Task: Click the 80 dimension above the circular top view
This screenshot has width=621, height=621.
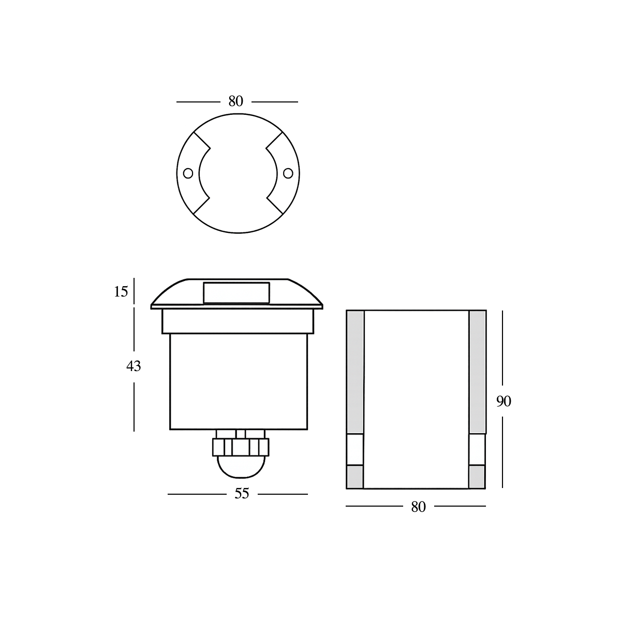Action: click(x=235, y=101)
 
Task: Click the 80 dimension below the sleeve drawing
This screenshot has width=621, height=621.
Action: click(x=418, y=507)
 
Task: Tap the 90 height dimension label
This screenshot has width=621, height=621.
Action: click(x=504, y=401)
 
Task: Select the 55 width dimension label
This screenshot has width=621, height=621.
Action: click(x=242, y=494)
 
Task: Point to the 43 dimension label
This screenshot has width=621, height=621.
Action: click(x=134, y=366)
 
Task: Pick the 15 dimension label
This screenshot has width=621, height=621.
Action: click(x=121, y=292)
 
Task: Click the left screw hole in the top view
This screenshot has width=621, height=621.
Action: click(x=188, y=173)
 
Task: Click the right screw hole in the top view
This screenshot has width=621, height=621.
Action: click(x=288, y=173)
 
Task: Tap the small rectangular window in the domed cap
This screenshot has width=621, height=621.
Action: click(x=236, y=292)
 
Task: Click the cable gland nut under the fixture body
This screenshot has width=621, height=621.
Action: click(x=241, y=447)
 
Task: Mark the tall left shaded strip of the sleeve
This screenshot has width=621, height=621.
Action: click(x=355, y=372)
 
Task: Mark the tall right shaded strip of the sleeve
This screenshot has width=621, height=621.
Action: click(x=477, y=372)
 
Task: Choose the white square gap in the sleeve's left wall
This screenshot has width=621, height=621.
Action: click(x=355, y=449)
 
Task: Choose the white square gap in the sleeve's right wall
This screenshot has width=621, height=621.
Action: click(x=477, y=449)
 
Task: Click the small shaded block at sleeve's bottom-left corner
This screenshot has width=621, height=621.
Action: click(x=355, y=477)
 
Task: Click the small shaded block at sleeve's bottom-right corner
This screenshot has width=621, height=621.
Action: click(x=477, y=477)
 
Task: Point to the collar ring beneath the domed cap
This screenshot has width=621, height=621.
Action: click(x=238, y=321)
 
